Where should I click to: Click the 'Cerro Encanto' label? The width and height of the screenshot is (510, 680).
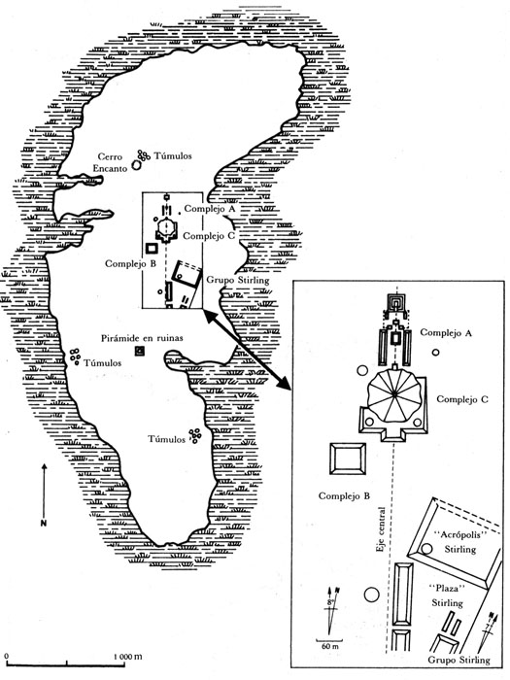click(112, 162)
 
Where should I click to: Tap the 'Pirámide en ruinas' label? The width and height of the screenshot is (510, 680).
click(142, 338)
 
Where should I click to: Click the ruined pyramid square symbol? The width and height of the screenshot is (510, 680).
click(140, 351)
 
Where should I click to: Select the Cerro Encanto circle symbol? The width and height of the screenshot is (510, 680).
click(137, 166)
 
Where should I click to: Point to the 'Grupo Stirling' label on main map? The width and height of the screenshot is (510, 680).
click(237, 280)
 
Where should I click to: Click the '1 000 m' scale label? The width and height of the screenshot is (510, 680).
click(127, 656)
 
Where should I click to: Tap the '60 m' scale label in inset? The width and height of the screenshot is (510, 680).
click(330, 647)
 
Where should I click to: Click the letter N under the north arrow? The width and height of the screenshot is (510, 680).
click(44, 523)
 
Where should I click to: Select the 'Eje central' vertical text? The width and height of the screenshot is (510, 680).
click(381, 530)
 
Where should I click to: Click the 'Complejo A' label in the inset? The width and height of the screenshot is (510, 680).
click(446, 332)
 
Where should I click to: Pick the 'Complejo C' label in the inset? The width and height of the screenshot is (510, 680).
click(461, 399)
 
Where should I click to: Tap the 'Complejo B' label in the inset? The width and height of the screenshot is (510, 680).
click(344, 495)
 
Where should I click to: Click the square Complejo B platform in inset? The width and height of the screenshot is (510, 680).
click(348, 459)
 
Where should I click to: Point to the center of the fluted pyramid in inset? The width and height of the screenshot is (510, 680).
click(393, 393)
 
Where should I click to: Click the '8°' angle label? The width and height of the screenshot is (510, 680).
click(331, 602)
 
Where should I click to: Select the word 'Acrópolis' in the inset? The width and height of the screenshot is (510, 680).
click(461, 534)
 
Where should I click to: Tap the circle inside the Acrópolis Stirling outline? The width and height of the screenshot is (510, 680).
click(426, 549)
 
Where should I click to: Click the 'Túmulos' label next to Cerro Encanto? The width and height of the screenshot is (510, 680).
click(173, 155)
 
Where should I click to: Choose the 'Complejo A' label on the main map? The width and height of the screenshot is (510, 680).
click(210, 209)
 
